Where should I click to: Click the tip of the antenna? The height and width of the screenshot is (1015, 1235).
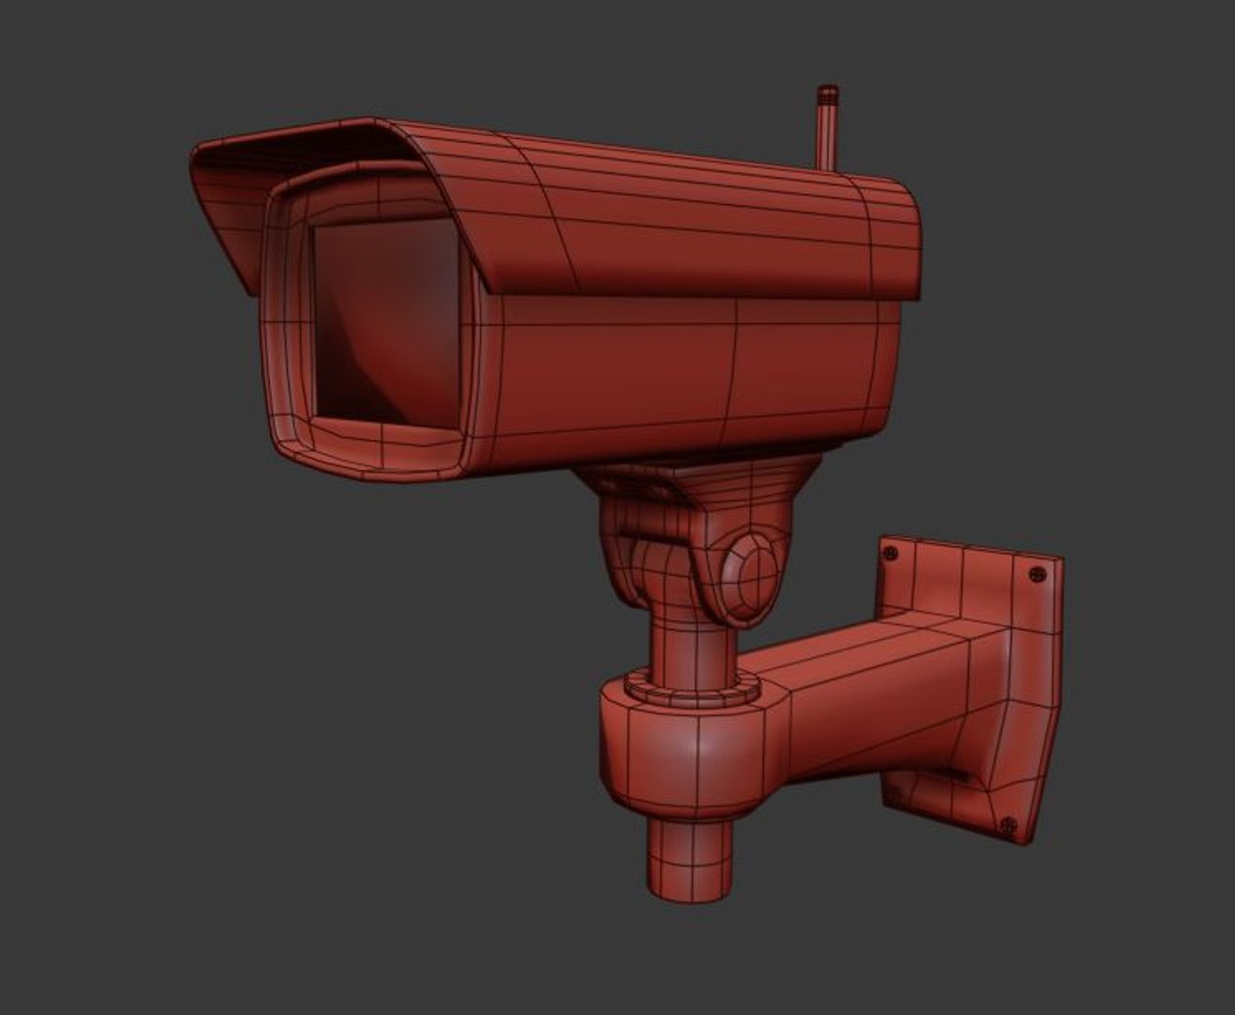click(x=827, y=92)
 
